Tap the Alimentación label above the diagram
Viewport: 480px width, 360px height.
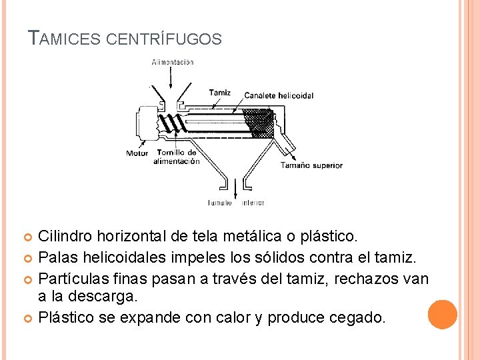[173, 62]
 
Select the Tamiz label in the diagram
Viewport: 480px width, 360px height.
[219, 93]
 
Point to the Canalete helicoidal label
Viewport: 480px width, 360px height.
[279, 95]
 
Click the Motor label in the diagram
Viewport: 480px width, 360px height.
[137, 153]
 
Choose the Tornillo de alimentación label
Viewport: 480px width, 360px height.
[177, 157]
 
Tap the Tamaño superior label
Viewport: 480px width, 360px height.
[311, 165]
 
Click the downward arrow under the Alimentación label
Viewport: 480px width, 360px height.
[173, 79]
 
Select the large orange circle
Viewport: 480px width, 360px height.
[443, 314]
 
